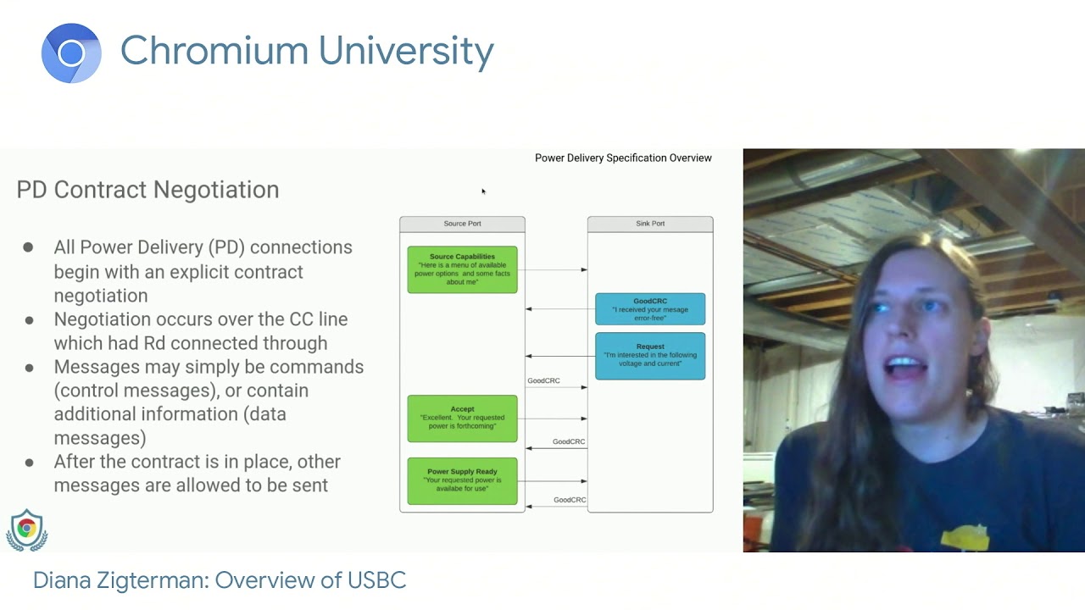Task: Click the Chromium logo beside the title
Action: (71, 53)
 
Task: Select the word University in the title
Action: (405, 51)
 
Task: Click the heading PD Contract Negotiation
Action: (147, 190)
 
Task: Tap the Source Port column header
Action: (462, 224)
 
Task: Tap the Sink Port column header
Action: (650, 224)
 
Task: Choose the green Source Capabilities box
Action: (462, 269)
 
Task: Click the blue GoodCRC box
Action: (650, 309)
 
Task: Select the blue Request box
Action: (650, 356)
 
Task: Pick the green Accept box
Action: (462, 419)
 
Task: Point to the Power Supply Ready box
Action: (462, 480)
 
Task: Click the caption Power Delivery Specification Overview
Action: (623, 158)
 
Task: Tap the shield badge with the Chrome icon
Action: (27, 530)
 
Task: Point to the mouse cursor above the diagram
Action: (483, 191)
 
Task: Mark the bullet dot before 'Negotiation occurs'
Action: (29, 320)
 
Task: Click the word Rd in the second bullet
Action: (154, 343)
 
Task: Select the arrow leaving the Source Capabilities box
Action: (552, 269)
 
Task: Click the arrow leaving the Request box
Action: (560, 356)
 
